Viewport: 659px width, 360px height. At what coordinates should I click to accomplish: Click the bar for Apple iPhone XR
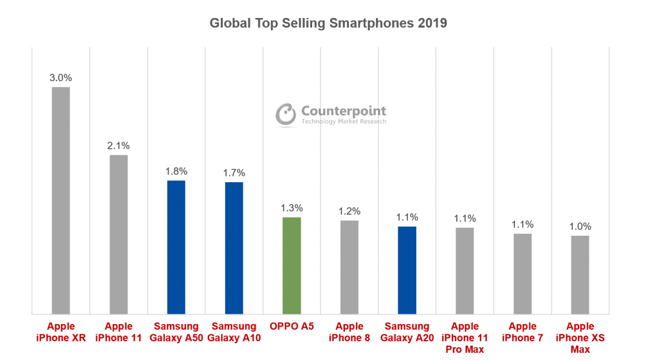click(x=60, y=200)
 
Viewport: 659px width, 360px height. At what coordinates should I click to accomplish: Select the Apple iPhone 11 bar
click(x=118, y=234)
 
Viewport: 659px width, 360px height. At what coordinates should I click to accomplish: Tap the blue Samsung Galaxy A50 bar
click(x=176, y=247)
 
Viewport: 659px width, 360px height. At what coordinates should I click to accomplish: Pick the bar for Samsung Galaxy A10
click(x=234, y=248)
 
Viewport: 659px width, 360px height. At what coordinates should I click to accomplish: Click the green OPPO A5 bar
click(x=292, y=265)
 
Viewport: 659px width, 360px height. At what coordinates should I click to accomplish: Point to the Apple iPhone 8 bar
click(x=349, y=267)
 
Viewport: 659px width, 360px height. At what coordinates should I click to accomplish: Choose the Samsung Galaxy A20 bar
click(x=407, y=270)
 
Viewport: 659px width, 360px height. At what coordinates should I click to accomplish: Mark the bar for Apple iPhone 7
click(x=523, y=274)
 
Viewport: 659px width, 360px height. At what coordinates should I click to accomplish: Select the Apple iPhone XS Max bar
click(x=580, y=275)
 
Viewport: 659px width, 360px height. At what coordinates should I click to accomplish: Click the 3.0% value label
click(x=60, y=78)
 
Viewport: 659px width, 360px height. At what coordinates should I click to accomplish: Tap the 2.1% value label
click(x=118, y=146)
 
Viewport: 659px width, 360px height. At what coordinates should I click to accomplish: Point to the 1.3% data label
click(x=292, y=208)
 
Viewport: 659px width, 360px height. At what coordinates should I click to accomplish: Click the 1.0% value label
click(x=580, y=227)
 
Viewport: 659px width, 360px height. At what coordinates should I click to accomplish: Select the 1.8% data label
click(x=176, y=171)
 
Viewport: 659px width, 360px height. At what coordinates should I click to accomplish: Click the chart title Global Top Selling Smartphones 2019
click(x=328, y=23)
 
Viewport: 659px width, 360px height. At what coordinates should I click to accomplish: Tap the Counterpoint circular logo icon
click(x=286, y=114)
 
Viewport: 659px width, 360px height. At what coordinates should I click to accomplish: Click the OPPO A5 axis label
click(x=292, y=327)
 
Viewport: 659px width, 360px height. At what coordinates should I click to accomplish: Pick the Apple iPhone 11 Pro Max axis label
click(x=465, y=337)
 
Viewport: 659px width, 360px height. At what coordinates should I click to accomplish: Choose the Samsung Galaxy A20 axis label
click(x=407, y=332)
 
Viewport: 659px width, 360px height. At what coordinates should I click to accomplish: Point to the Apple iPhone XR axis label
click(x=60, y=332)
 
